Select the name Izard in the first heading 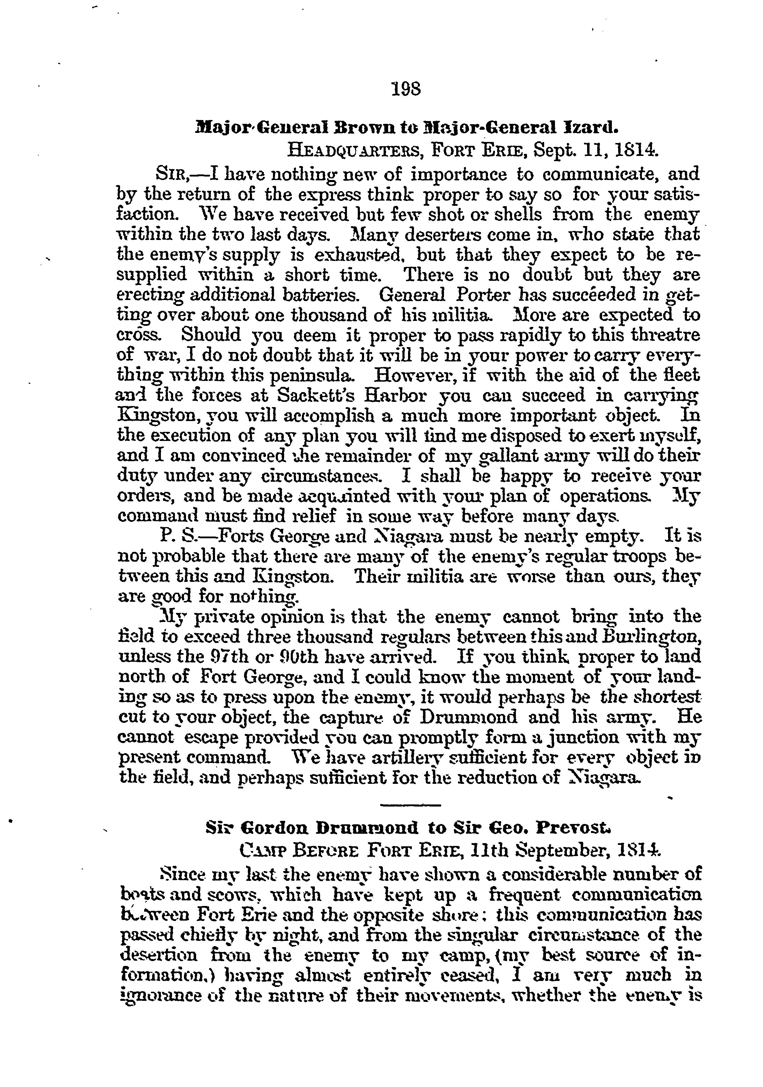point(589,128)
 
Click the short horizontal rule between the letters point(410,805)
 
